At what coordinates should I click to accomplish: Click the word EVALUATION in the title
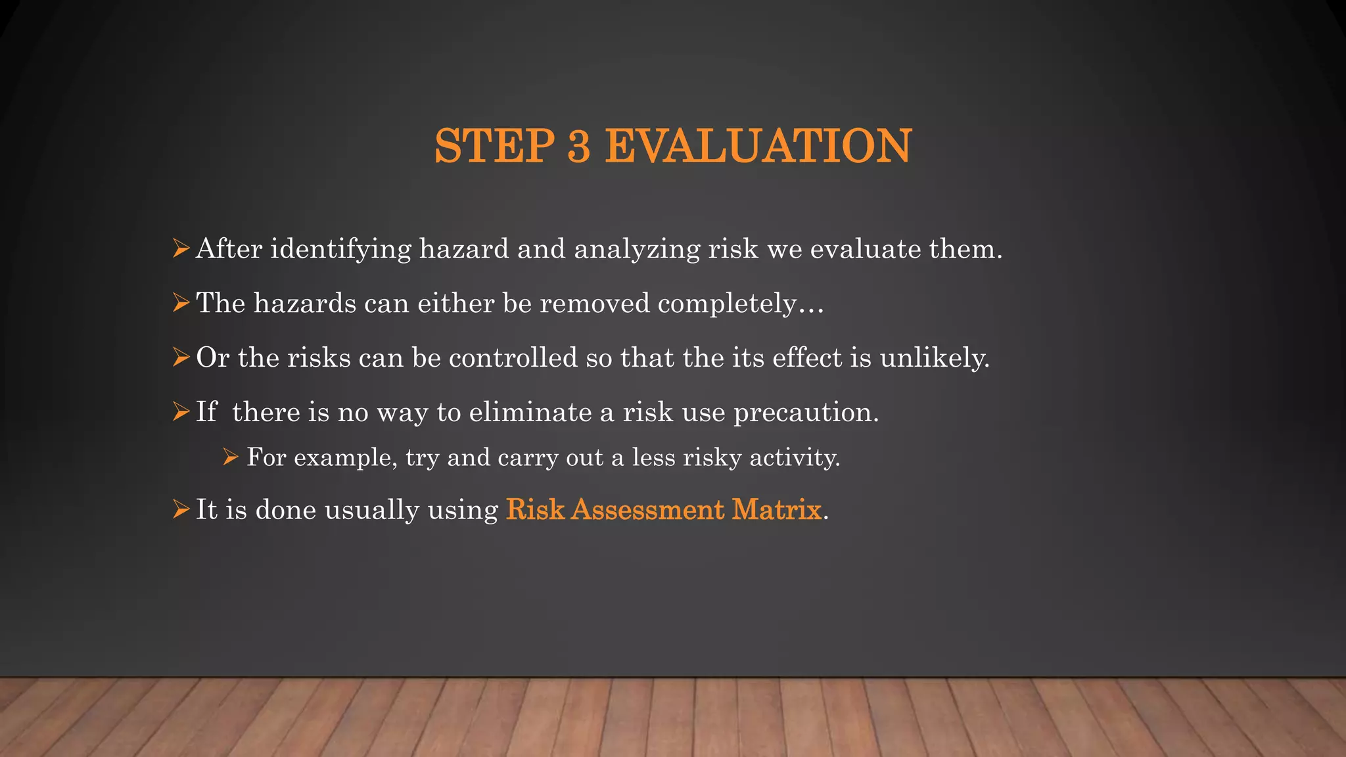click(758, 146)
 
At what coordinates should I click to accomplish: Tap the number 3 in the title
click(578, 146)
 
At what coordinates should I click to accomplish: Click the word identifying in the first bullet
click(340, 250)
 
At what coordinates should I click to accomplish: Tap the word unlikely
click(934, 358)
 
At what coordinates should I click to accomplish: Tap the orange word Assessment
click(647, 510)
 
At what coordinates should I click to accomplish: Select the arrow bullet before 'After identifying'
click(181, 249)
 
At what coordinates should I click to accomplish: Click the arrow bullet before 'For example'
click(230, 457)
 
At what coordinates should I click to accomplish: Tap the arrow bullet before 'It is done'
click(181, 509)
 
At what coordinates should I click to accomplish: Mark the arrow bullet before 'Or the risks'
click(181, 357)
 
